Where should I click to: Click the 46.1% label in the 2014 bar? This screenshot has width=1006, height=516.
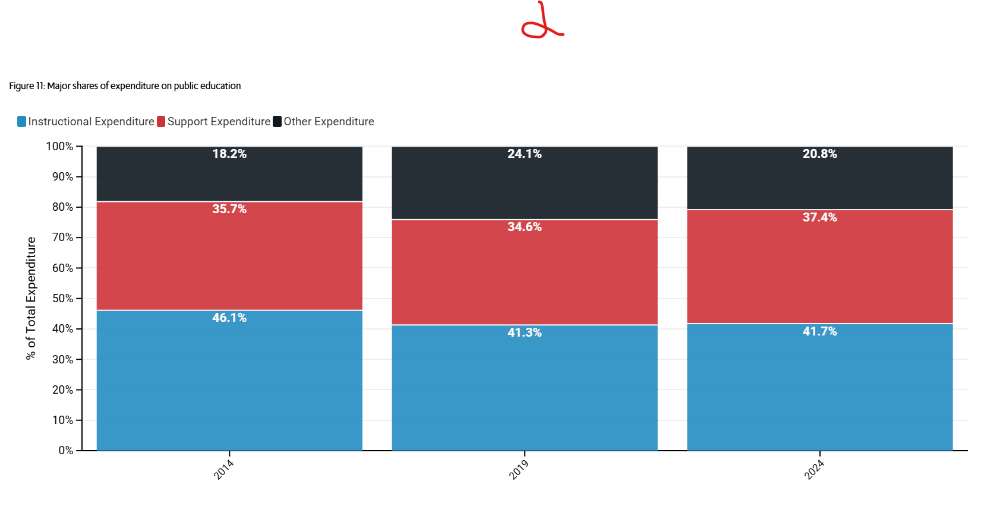pos(229,318)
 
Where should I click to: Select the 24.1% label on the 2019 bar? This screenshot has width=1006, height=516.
pos(525,154)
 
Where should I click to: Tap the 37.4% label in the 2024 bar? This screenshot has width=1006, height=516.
pos(819,217)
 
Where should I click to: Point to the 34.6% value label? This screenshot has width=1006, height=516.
pos(525,227)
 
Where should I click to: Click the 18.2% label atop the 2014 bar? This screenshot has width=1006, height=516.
pos(229,154)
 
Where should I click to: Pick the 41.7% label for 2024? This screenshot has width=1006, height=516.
pos(819,331)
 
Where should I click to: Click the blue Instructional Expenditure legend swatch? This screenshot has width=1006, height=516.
pos(21,122)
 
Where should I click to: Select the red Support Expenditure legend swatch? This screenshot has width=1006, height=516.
pos(161,122)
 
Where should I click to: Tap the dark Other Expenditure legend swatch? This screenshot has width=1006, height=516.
pos(277,122)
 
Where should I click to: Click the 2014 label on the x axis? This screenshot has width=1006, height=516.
pos(223,470)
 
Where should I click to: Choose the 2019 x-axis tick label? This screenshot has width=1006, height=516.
pos(519,470)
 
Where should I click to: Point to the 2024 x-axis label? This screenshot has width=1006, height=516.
pos(814,470)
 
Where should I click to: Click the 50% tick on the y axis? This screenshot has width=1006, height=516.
pos(63,299)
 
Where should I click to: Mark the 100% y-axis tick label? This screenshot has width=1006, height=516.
pos(59,146)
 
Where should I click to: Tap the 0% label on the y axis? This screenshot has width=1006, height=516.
pos(65,451)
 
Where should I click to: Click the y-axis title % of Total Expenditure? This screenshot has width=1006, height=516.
pos(30,299)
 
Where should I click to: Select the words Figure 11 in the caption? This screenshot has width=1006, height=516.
pos(27,86)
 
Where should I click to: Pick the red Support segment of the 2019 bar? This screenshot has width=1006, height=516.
pos(525,273)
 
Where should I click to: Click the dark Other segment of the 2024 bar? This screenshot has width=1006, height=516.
pos(819,178)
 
